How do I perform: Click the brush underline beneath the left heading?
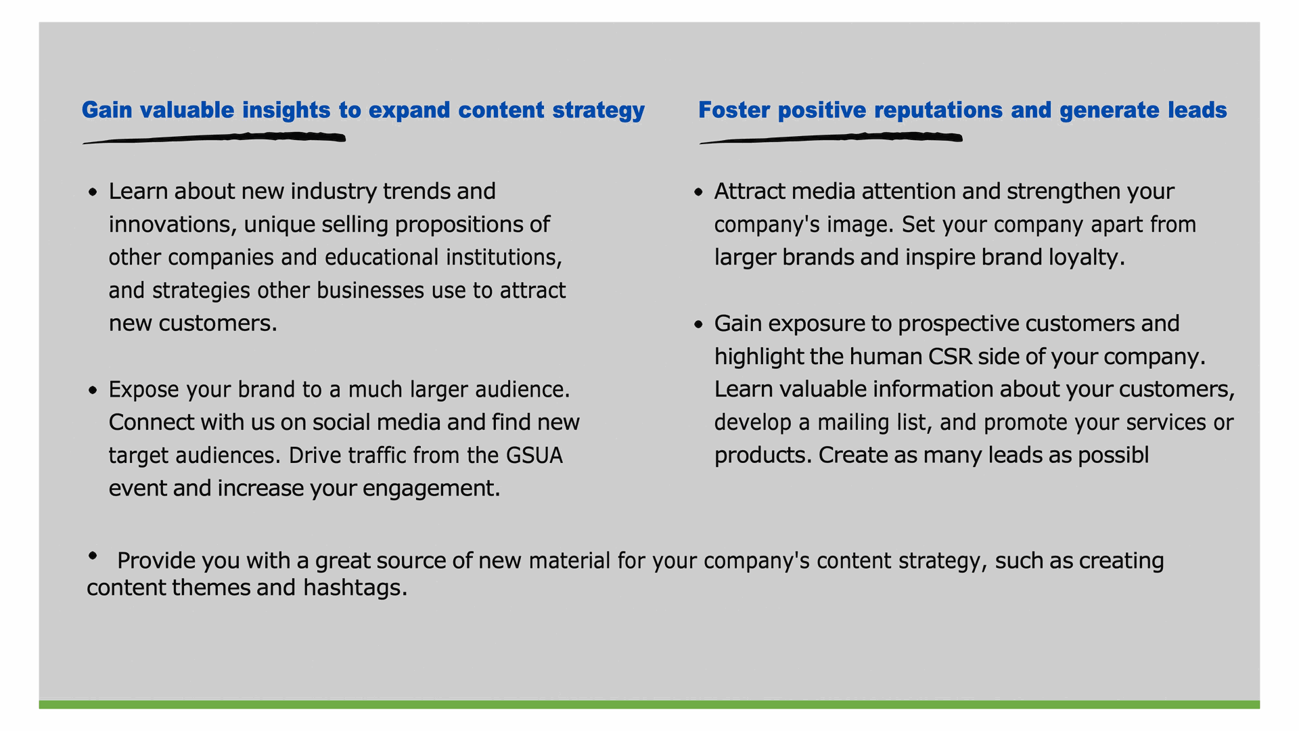214,139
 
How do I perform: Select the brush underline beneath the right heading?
831,139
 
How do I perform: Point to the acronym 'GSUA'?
534,456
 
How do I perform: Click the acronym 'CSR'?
950,357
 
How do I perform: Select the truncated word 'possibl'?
1114,456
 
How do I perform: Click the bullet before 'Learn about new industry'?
93,193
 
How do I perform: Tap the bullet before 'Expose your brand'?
93,391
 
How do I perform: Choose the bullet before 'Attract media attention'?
699,193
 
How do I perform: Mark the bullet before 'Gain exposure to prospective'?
699,325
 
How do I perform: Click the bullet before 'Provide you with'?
93,556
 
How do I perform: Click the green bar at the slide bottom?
649,705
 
